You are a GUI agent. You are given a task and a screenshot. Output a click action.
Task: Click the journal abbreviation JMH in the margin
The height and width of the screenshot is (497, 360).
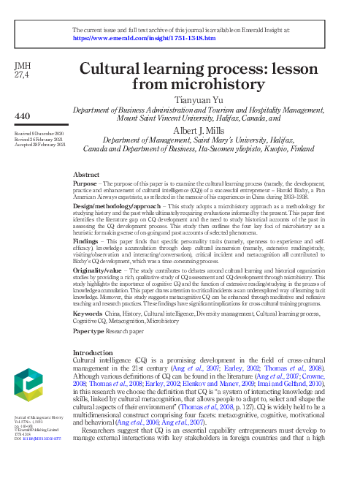click(x=22, y=66)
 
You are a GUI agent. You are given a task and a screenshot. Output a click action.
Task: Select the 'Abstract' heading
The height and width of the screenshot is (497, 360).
click(x=88, y=175)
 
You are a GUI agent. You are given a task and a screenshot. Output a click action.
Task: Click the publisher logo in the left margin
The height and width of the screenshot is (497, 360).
click(x=31, y=401)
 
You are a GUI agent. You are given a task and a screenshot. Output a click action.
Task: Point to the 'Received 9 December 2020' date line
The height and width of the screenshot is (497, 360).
click(x=37, y=135)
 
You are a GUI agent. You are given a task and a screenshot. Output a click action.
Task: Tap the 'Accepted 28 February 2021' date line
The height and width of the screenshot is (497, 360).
click(x=37, y=145)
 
